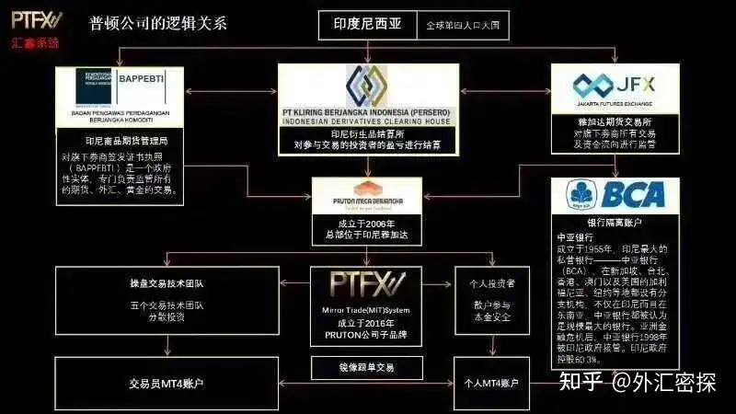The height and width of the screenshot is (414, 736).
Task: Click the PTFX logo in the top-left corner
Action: pos(35,19)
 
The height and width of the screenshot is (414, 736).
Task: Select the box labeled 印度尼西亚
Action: pos(367,25)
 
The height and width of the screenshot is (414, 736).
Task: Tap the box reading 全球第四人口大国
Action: pos(462,25)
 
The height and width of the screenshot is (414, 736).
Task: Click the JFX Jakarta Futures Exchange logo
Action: pos(607,86)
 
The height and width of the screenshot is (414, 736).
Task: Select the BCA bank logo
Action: pos(610,193)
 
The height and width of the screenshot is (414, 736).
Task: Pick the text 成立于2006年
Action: pos(366,223)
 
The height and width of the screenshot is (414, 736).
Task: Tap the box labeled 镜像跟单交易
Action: pos(366,368)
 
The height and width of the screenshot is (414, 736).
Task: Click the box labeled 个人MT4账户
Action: pos(492,382)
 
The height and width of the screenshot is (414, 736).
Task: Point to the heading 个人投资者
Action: pos(491,285)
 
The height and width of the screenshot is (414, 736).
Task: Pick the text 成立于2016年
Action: pos(366,324)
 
